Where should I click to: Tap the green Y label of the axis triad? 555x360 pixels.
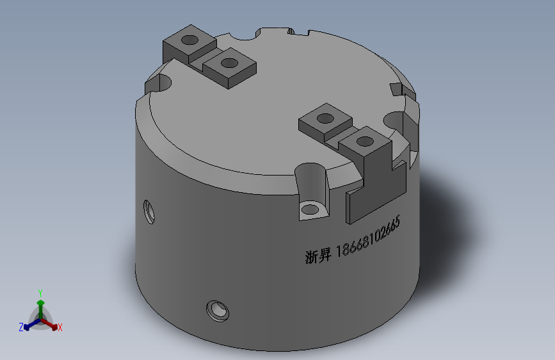coord(40,291)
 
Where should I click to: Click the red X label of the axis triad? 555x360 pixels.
coord(60,327)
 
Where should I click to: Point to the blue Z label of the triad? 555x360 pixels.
coord(21,327)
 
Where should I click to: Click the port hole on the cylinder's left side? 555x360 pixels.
coord(150,211)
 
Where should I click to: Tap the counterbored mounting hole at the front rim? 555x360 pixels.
coord(310,209)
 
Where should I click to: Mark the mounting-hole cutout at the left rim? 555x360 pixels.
coord(160,82)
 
